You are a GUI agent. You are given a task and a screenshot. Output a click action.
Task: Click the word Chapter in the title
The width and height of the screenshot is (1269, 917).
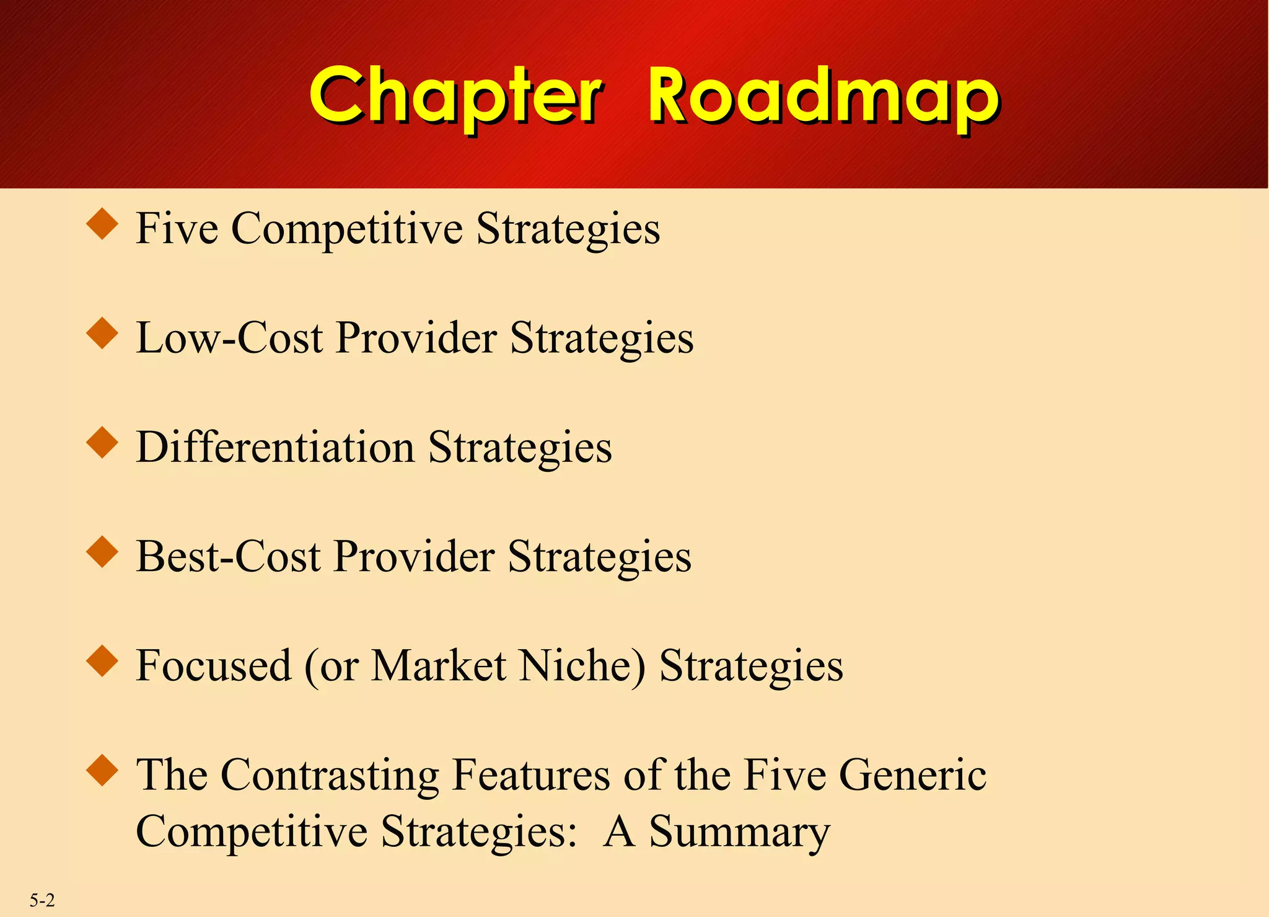tap(455, 96)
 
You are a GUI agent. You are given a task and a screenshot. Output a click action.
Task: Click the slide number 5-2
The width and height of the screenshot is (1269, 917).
tap(42, 900)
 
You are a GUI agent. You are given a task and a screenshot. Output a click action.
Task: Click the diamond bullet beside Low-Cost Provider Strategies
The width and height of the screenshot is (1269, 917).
tap(102, 334)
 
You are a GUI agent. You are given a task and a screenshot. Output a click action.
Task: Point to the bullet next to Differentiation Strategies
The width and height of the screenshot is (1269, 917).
tap(102, 443)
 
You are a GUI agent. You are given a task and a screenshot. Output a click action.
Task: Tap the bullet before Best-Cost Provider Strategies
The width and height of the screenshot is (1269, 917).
tap(102, 552)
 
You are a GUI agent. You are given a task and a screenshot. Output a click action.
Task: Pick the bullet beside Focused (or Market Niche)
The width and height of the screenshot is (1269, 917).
tap(102, 661)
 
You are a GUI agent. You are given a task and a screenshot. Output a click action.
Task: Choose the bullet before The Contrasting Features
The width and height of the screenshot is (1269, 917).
tap(102, 771)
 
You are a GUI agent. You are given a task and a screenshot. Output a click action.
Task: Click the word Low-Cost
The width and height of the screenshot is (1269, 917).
tap(229, 338)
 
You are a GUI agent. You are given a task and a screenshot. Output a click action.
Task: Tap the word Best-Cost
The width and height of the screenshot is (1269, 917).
tap(228, 556)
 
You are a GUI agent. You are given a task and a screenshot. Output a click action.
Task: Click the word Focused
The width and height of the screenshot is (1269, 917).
tap(213, 665)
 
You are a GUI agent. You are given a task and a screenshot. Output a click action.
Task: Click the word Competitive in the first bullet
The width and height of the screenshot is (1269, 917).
tap(346, 229)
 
